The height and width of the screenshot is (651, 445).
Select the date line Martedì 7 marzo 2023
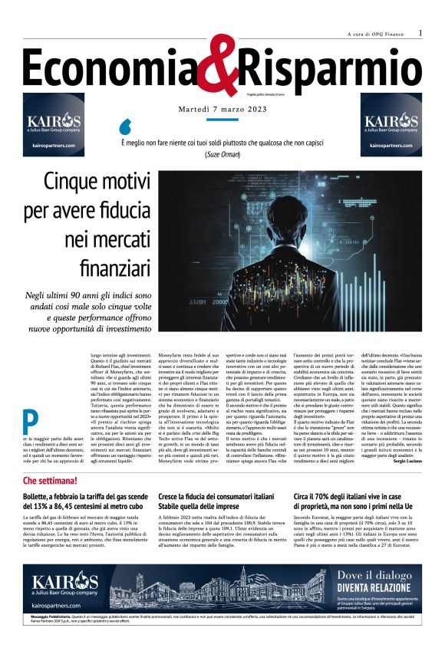pyautogui.click(x=222, y=109)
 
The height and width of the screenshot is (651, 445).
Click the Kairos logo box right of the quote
pyautogui.click(x=391, y=125)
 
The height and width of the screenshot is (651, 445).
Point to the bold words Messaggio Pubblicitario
pyautogui.click(x=55, y=617)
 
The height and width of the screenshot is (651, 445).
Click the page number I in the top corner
pyautogui.click(x=420, y=33)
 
